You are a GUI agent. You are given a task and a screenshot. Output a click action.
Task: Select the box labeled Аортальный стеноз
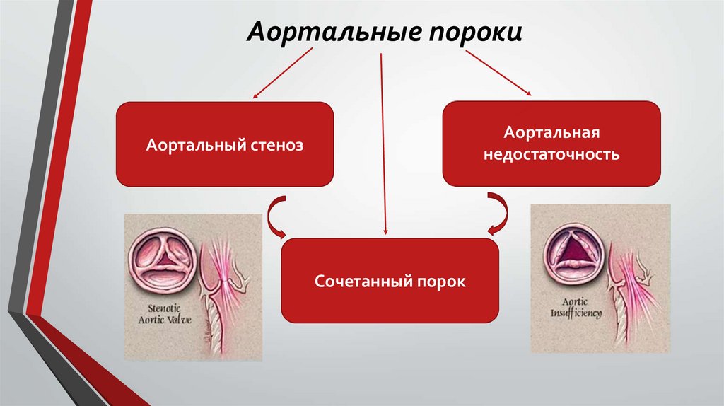pyautogui.click(x=224, y=144)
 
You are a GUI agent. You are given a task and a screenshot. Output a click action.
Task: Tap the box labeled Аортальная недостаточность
pyautogui.click(x=551, y=144)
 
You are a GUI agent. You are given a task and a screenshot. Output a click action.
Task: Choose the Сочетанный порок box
pyautogui.click(x=390, y=280)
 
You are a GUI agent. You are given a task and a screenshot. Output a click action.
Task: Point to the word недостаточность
pyautogui.click(x=551, y=154)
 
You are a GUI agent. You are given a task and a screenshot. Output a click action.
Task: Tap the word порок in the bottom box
pyautogui.click(x=443, y=282)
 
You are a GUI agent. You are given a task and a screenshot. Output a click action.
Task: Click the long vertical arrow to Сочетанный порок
pyautogui.click(x=383, y=141)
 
